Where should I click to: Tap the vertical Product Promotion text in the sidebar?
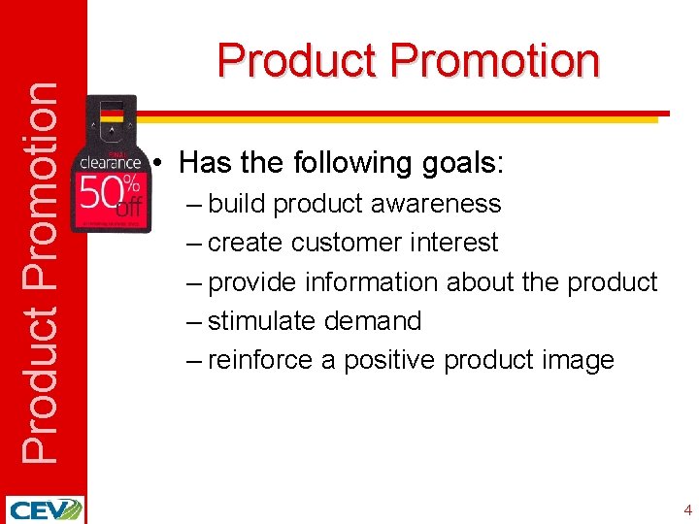[x=40, y=272]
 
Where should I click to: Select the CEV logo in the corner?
[x=44, y=509]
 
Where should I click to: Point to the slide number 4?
[x=687, y=509]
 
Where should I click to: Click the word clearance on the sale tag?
[x=110, y=163]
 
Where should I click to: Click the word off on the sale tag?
[x=129, y=206]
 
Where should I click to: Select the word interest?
[x=456, y=243]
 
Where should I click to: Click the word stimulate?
[x=266, y=321]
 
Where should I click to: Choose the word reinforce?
[x=260, y=361]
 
